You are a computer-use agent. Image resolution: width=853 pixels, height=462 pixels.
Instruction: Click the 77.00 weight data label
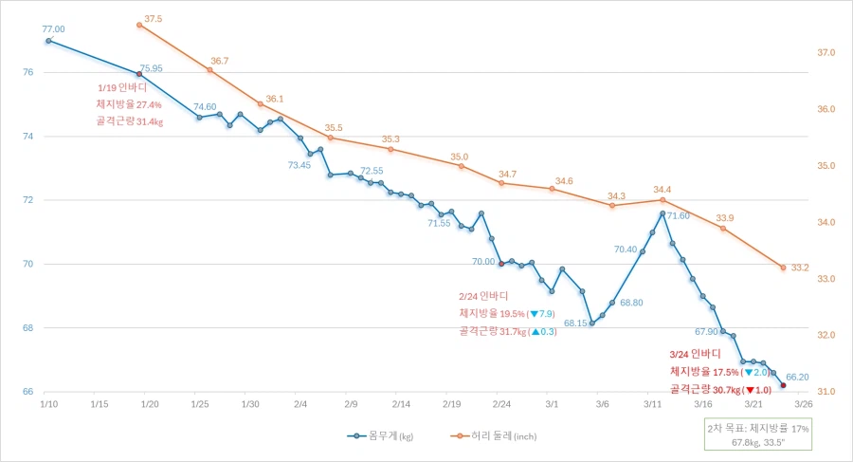(53, 29)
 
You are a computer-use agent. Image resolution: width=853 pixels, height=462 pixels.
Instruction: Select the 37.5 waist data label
(153, 18)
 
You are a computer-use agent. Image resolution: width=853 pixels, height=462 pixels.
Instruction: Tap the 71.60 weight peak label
(678, 216)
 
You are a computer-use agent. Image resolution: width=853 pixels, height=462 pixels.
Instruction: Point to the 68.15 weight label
(575, 323)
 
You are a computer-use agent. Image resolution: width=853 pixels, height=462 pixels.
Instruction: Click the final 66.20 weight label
(797, 377)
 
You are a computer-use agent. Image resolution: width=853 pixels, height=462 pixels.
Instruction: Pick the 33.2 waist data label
(799, 267)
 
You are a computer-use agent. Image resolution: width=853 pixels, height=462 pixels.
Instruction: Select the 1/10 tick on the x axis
(48, 403)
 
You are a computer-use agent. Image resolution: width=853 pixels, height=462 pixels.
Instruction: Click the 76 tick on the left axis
(28, 72)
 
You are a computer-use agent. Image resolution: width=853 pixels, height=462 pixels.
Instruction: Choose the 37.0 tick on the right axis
(826, 53)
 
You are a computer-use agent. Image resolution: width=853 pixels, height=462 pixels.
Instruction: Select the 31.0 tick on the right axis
(826, 391)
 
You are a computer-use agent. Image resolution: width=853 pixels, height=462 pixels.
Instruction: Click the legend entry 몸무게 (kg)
(380, 436)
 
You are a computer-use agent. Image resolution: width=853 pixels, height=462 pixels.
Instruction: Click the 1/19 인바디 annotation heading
(129, 87)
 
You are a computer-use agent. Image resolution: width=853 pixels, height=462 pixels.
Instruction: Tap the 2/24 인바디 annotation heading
(482, 296)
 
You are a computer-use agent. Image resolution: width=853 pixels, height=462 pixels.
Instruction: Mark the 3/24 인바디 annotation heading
(695, 353)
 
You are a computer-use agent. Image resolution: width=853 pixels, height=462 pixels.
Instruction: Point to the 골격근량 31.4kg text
(129, 121)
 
